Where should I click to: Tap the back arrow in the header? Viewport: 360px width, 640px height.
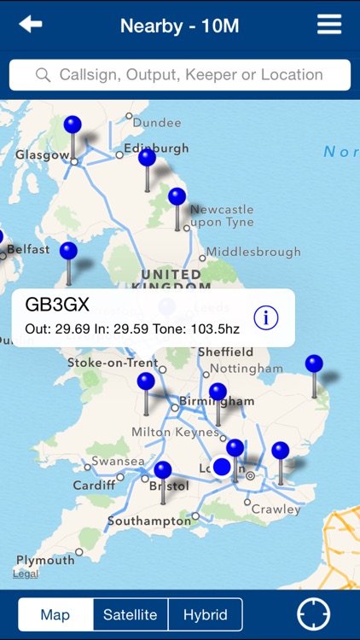(31, 25)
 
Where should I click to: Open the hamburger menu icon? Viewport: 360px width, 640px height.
(329, 25)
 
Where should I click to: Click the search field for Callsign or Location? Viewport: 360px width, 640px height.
(180, 75)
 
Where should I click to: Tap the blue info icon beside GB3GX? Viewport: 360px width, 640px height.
(266, 318)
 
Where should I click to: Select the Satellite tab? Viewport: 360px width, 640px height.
(131, 614)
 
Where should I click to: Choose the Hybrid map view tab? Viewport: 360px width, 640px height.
(206, 614)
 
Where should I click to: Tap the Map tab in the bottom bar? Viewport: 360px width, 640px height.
(55, 614)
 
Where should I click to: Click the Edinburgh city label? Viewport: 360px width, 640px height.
(156, 148)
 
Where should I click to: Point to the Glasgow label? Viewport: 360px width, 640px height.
(42, 155)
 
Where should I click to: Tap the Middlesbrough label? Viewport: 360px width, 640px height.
(253, 252)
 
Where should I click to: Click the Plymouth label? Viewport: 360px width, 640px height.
(45, 561)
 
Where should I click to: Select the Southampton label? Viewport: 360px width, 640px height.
(149, 521)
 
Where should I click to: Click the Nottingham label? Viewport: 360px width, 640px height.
(247, 369)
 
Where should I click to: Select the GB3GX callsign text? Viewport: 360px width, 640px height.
(57, 305)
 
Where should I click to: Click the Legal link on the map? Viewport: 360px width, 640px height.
(25, 574)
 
